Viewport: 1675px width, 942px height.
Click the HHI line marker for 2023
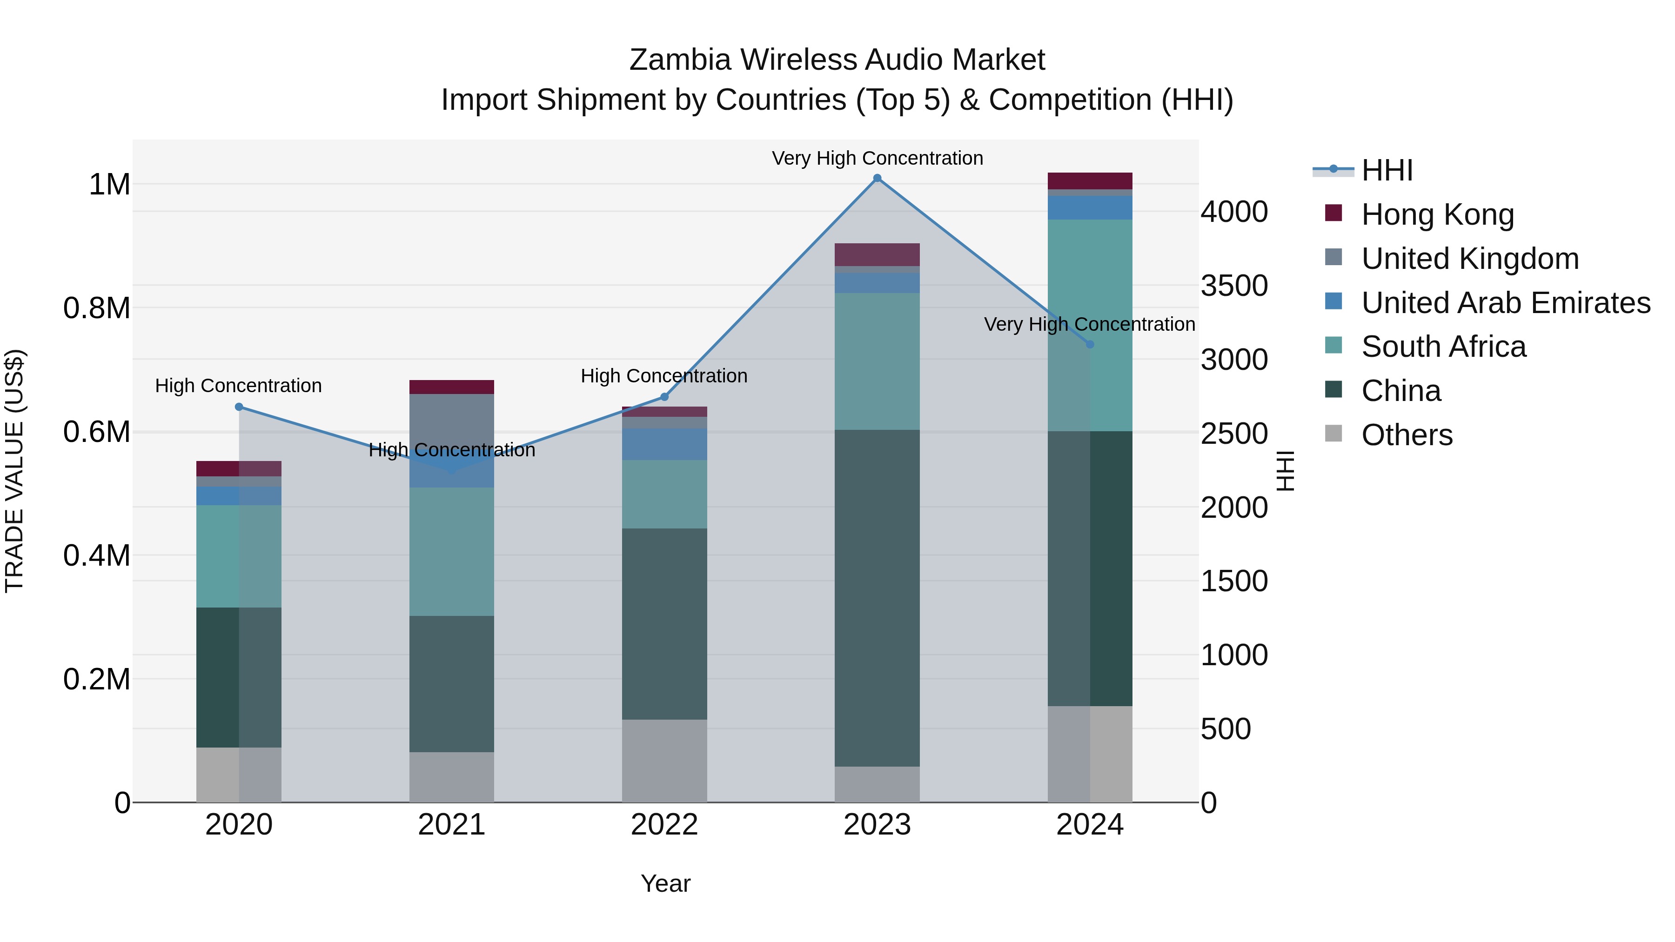point(877,178)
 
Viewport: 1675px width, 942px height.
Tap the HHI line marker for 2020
point(239,407)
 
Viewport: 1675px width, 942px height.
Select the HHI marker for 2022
point(664,396)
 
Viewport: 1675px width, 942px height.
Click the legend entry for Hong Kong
point(1437,214)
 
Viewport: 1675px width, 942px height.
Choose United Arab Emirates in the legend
point(1505,303)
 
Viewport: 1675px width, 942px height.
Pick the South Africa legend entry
point(1443,347)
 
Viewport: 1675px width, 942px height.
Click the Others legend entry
point(1407,435)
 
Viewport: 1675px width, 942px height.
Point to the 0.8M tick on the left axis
point(97,308)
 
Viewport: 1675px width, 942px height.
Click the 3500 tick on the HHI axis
point(1233,286)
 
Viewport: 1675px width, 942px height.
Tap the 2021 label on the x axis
point(451,825)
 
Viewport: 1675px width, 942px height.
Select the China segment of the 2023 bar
point(877,598)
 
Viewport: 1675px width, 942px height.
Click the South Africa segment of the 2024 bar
point(1090,325)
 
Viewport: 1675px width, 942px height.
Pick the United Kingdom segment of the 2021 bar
point(451,422)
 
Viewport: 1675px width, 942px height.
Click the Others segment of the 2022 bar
point(664,761)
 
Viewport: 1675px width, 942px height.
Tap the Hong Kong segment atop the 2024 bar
point(1090,181)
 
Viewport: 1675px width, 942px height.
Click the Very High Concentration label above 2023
point(877,158)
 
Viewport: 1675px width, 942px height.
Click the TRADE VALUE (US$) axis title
point(14,471)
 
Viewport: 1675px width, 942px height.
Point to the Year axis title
point(665,883)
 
